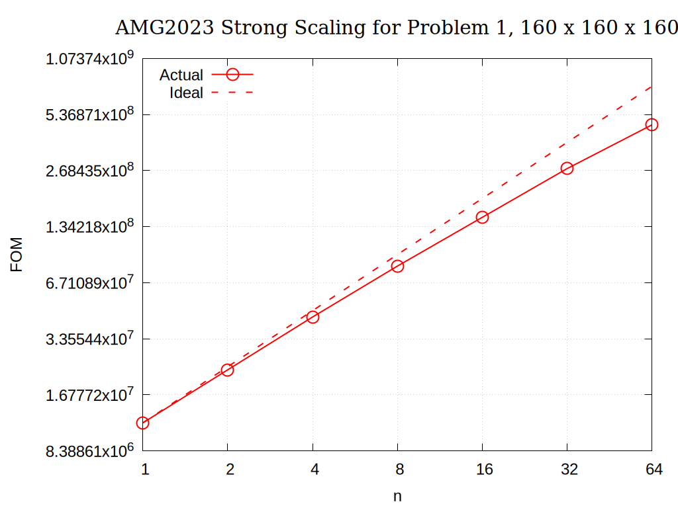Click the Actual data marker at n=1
coord(142,423)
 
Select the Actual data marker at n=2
coord(227,370)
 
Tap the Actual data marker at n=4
coord(313,317)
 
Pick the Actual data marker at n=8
coord(397,266)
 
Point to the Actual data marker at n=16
coord(482,217)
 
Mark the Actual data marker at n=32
coord(567,168)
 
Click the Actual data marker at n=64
coord(652,124)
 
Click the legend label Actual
coord(181,75)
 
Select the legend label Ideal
coord(186,93)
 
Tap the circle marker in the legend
coord(232,75)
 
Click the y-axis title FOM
coord(17,255)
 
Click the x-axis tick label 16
coord(485,470)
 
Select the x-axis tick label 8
coord(400,470)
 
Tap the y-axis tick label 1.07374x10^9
coord(89,58)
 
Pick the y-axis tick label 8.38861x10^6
coord(89,450)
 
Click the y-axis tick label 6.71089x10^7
coord(89,282)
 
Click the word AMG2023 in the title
coord(164,28)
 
